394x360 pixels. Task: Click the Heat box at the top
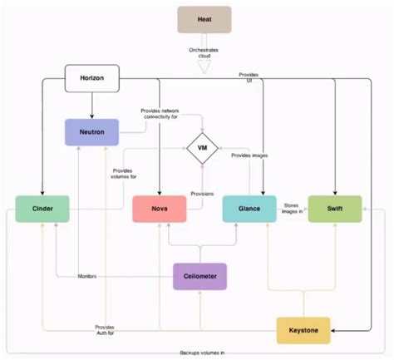tap(203, 19)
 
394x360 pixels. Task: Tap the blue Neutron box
tap(92, 131)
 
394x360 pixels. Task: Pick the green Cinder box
tap(42, 209)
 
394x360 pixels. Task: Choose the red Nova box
tap(158, 209)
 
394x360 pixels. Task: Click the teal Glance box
tap(249, 209)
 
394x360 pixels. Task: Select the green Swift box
tap(335, 209)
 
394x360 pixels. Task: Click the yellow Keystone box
tap(303, 330)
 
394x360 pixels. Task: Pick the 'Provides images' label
tap(250, 155)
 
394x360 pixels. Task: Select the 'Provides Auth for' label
tap(105, 330)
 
